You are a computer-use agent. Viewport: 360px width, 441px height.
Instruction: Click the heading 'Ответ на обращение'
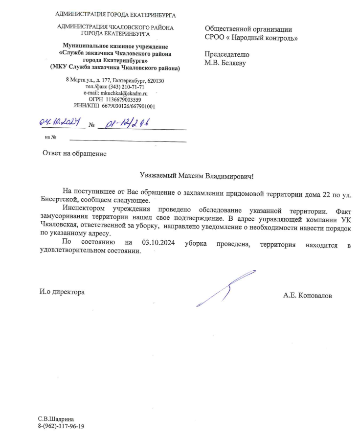pyautogui.click(x=74, y=153)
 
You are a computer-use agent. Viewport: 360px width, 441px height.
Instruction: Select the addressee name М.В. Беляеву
pyautogui.click(x=225, y=63)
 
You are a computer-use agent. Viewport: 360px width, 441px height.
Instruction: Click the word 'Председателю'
pyautogui.click(x=227, y=54)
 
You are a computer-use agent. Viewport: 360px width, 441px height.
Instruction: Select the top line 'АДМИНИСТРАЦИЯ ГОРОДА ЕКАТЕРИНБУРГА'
pyautogui.click(x=115, y=15)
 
